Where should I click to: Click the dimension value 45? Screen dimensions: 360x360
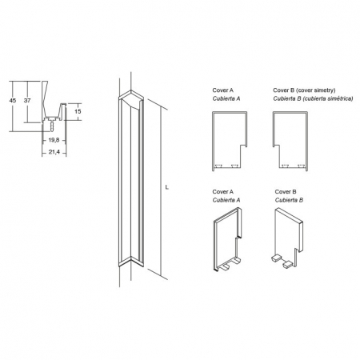(13, 101)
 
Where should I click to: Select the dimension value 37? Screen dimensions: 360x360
(27, 101)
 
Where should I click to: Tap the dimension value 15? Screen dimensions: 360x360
(78, 111)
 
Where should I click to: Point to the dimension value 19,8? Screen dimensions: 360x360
(54, 140)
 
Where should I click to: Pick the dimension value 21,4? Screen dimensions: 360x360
(54, 152)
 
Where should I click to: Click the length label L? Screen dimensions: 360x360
(167, 187)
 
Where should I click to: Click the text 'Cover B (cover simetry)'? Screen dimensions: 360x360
(304, 90)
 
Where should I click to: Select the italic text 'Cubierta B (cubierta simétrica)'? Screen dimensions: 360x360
(313, 98)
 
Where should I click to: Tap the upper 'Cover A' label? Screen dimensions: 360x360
(223, 90)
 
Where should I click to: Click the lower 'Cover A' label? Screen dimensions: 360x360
(223, 192)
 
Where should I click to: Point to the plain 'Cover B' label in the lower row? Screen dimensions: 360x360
(286, 192)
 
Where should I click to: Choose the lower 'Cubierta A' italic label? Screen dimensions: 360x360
(226, 200)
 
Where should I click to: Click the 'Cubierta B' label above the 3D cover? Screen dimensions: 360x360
(289, 200)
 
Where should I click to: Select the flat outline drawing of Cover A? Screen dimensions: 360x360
(213, 142)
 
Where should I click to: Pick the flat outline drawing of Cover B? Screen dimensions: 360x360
(307, 142)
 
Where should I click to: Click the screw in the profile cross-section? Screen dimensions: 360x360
(51, 126)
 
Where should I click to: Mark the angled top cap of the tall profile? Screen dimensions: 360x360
(131, 99)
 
